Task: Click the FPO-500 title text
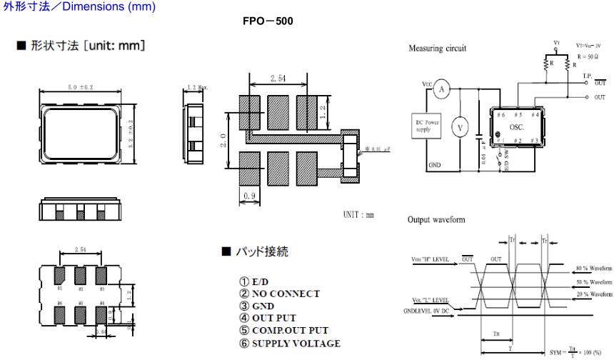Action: (268, 21)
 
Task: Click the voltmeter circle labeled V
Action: (460, 128)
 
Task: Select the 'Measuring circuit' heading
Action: (437, 49)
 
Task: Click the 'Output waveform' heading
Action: (436, 220)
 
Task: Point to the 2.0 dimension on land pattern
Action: (223, 141)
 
